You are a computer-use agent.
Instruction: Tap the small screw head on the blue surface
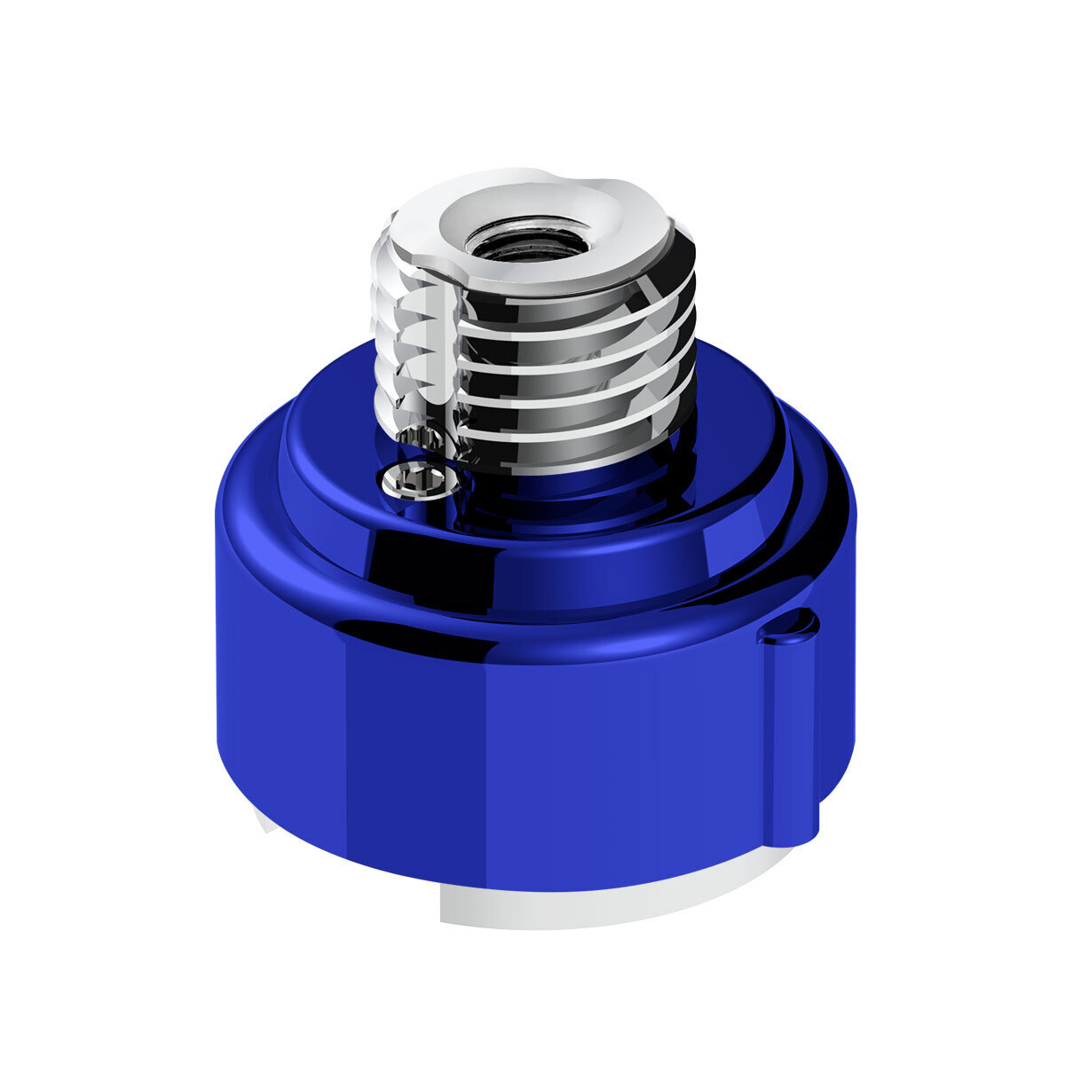[422, 480]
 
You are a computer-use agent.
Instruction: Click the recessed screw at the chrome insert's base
[413, 437]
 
